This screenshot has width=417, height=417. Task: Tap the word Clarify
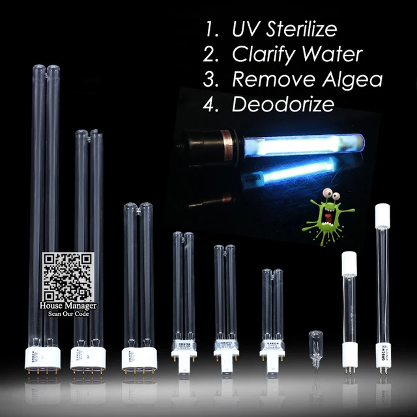point(262,55)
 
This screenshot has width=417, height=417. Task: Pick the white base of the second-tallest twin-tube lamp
point(88,357)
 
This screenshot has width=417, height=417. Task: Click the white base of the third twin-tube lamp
point(139,357)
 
